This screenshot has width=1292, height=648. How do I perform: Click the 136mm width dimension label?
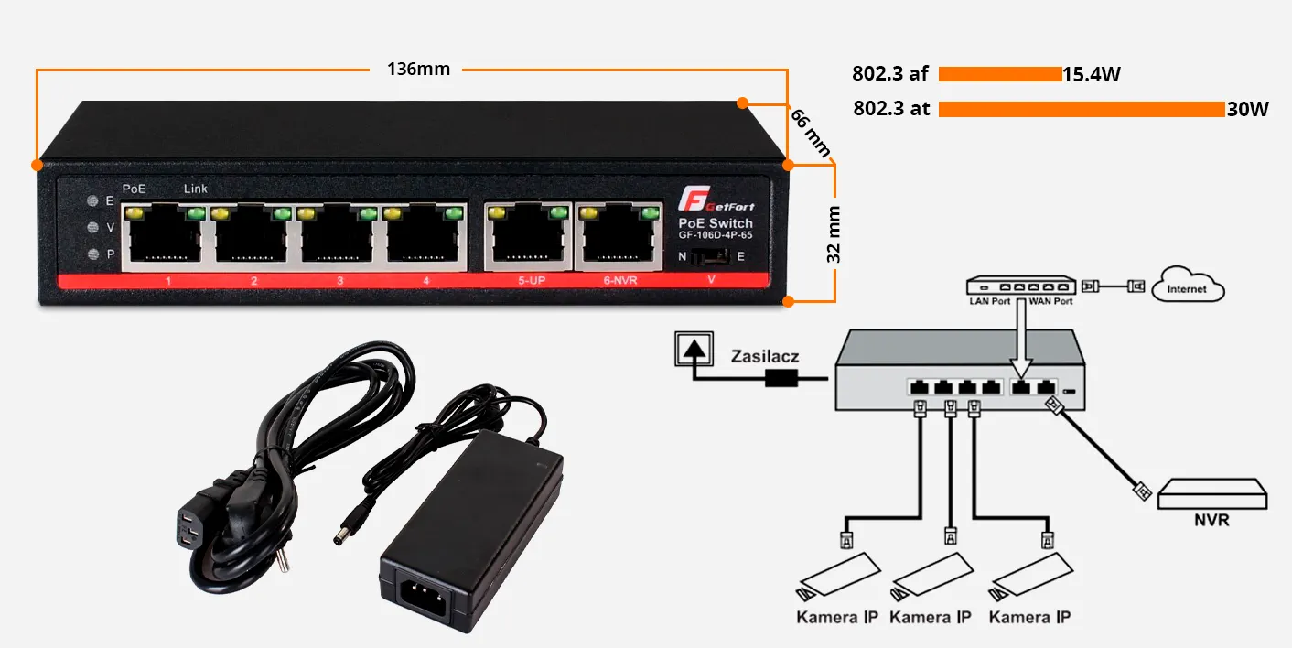tap(418, 70)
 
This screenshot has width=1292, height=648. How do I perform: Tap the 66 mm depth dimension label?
tap(811, 133)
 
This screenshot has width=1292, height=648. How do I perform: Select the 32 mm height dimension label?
tap(834, 234)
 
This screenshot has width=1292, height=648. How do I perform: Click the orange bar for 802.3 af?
tap(1000, 74)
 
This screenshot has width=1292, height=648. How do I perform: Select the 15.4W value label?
tap(1092, 75)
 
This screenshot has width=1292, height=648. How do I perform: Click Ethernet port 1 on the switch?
tap(166, 237)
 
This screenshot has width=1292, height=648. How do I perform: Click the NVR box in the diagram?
tap(1212, 495)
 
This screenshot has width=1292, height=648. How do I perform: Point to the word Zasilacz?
tap(764, 355)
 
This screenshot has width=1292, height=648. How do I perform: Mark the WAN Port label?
tap(1050, 301)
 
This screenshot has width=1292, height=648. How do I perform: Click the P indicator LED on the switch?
tap(92, 255)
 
